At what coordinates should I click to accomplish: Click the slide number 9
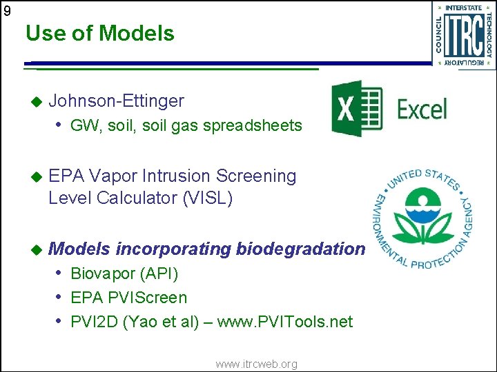7,10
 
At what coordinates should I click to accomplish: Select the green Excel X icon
356,109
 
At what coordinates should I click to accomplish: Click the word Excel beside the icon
422,110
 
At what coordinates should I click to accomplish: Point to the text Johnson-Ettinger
116,101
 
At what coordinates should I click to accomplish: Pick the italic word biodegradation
300,249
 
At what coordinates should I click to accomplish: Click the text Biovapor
102,274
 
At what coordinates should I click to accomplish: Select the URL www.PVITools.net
284,322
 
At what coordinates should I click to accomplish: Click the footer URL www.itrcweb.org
256,364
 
